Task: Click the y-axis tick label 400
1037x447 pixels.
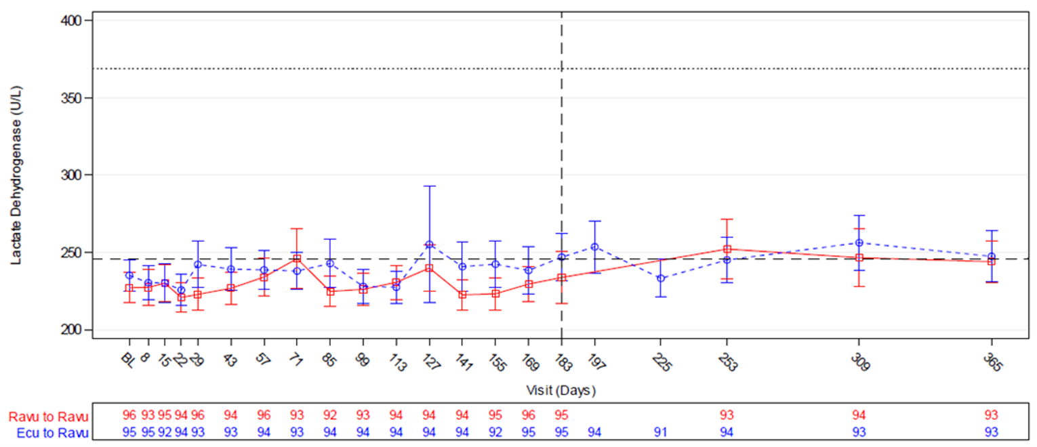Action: point(71,21)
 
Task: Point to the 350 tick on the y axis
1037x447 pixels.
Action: point(71,98)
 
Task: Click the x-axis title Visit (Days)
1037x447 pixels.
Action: point(561,391)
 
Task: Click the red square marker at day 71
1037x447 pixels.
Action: point(297,258)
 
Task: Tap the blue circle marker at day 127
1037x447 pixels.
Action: point(429,244)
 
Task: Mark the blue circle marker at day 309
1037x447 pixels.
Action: point(859,242)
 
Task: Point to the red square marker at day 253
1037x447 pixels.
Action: point(727,249)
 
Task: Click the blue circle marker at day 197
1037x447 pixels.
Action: point(594,247)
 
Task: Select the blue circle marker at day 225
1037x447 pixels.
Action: point(661,278)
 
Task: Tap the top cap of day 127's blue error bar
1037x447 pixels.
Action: point(429,186)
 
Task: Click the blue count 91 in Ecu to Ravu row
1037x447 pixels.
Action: point(661,433)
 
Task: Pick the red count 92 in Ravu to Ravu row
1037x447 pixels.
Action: point(329,415)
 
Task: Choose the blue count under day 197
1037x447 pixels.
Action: point(594,433)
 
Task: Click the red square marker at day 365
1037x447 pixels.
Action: point(992,261)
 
